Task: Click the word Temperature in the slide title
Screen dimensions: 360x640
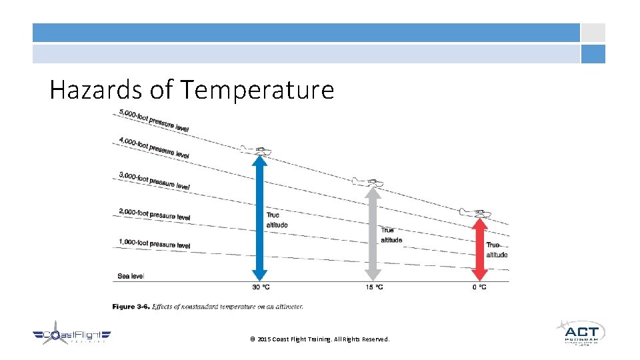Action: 257,89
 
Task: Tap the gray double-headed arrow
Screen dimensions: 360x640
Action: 373,233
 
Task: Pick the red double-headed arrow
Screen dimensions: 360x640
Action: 479,249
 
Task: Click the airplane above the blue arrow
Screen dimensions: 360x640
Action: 256,149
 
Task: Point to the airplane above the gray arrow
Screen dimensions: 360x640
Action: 368,182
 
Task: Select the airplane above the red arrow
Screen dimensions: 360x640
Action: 474,213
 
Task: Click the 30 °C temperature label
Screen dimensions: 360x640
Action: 260,287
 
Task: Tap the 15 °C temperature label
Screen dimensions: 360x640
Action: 374,287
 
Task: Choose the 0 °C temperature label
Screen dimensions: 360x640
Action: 479,287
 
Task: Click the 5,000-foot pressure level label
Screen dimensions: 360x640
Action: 154,120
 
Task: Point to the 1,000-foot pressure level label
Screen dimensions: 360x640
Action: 154,244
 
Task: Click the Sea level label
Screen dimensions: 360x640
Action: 131,275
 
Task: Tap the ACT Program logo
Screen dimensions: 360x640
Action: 581,332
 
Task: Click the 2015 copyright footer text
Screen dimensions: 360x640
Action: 319,339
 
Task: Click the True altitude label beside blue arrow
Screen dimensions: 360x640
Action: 277,220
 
